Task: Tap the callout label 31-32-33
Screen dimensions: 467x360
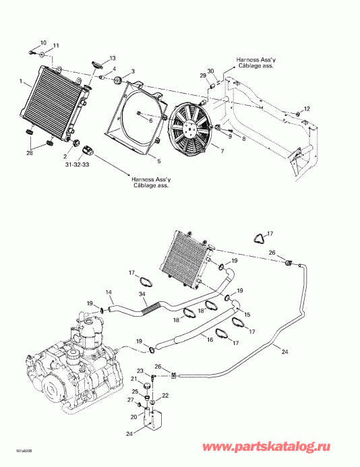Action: [x=76, y=164]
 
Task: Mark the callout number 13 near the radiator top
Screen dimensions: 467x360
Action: [x=113, y=59]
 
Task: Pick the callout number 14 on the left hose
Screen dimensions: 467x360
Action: [x=109, y=292]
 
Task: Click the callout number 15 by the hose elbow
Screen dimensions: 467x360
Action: [x=246, y=315]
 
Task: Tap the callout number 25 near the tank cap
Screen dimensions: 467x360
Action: [x=134, y=392]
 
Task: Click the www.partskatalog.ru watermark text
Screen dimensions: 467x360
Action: [x=291, y=447]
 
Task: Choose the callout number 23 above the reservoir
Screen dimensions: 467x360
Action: [x=140, y=371]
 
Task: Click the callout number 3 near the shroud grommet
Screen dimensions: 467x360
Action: [x=133, y=71]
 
